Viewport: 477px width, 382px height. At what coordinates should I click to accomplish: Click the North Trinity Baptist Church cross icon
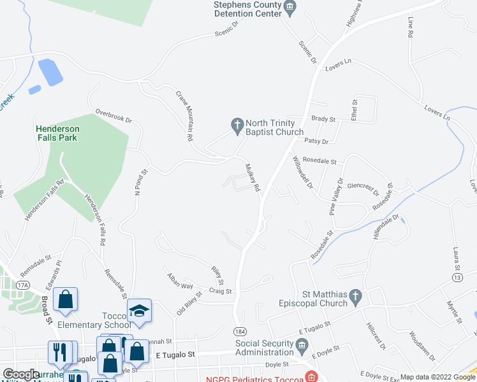pos(237,126)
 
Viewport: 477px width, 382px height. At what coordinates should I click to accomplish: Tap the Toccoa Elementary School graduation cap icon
pos(140,311)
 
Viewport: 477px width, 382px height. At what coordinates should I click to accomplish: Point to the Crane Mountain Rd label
pos(186,115)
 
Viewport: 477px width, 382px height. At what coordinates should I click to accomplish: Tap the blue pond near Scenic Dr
pos(50,71)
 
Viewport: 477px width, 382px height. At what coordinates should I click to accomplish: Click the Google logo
pos(21,374)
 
